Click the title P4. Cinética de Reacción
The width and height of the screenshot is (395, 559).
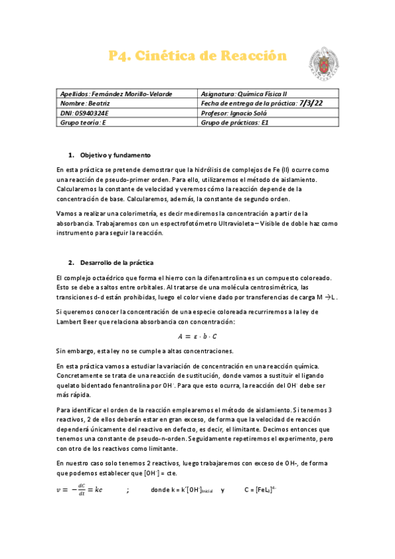(x=198, y=57)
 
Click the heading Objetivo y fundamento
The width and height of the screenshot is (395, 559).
(x=115, y=154)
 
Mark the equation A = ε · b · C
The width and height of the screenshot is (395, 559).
(x=197, y=337)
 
